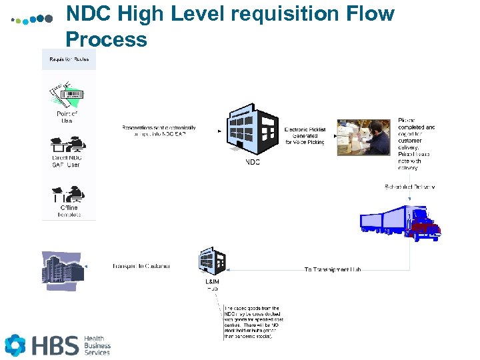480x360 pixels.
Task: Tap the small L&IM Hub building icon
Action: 213,262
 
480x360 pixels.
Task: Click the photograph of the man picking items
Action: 363,137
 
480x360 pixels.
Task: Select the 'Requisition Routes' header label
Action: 69,59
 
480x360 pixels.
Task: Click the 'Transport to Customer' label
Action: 141,266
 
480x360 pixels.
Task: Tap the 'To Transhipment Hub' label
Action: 333,269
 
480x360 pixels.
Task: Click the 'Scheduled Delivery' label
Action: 409,187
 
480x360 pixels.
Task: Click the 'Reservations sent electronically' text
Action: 159,131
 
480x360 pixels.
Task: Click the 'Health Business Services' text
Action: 97,345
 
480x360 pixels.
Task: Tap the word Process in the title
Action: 107,39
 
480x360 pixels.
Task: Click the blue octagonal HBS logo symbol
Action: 15,345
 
